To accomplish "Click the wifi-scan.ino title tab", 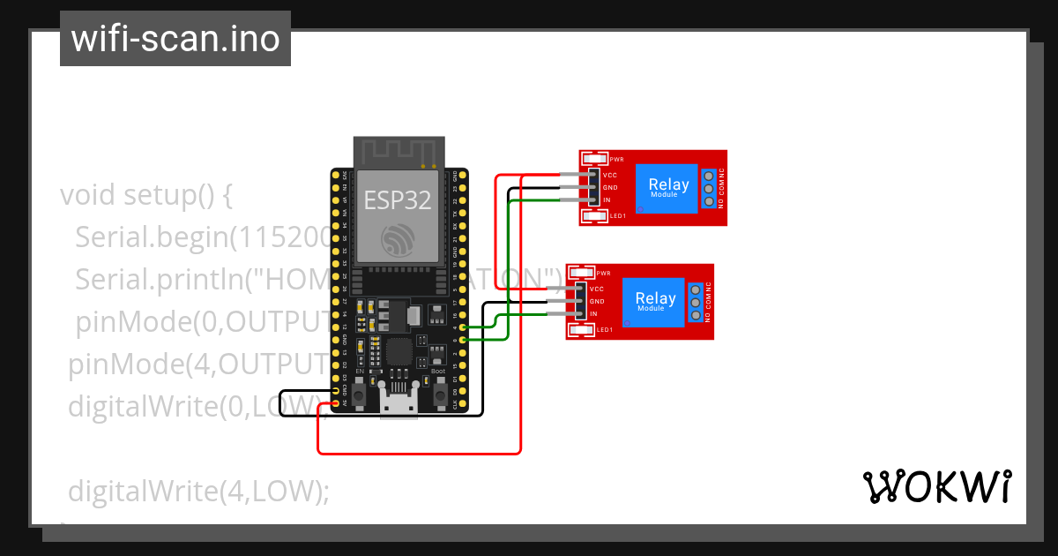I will coord(175,39).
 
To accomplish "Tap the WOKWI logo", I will coord(936,486).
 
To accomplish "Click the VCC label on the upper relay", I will coord(609,175).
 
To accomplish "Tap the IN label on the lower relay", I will coord(593,314).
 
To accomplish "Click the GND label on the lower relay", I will coord(596,301).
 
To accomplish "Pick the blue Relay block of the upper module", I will coord(667,188).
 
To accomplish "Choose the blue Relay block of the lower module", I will coord(654,302).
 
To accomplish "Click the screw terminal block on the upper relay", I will coord(708,188).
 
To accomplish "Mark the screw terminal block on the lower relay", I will coord(695,302).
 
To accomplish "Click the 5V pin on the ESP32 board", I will coord(336,403).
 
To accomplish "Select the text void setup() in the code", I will coord(145,194).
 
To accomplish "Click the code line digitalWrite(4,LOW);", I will coord(198,490).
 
